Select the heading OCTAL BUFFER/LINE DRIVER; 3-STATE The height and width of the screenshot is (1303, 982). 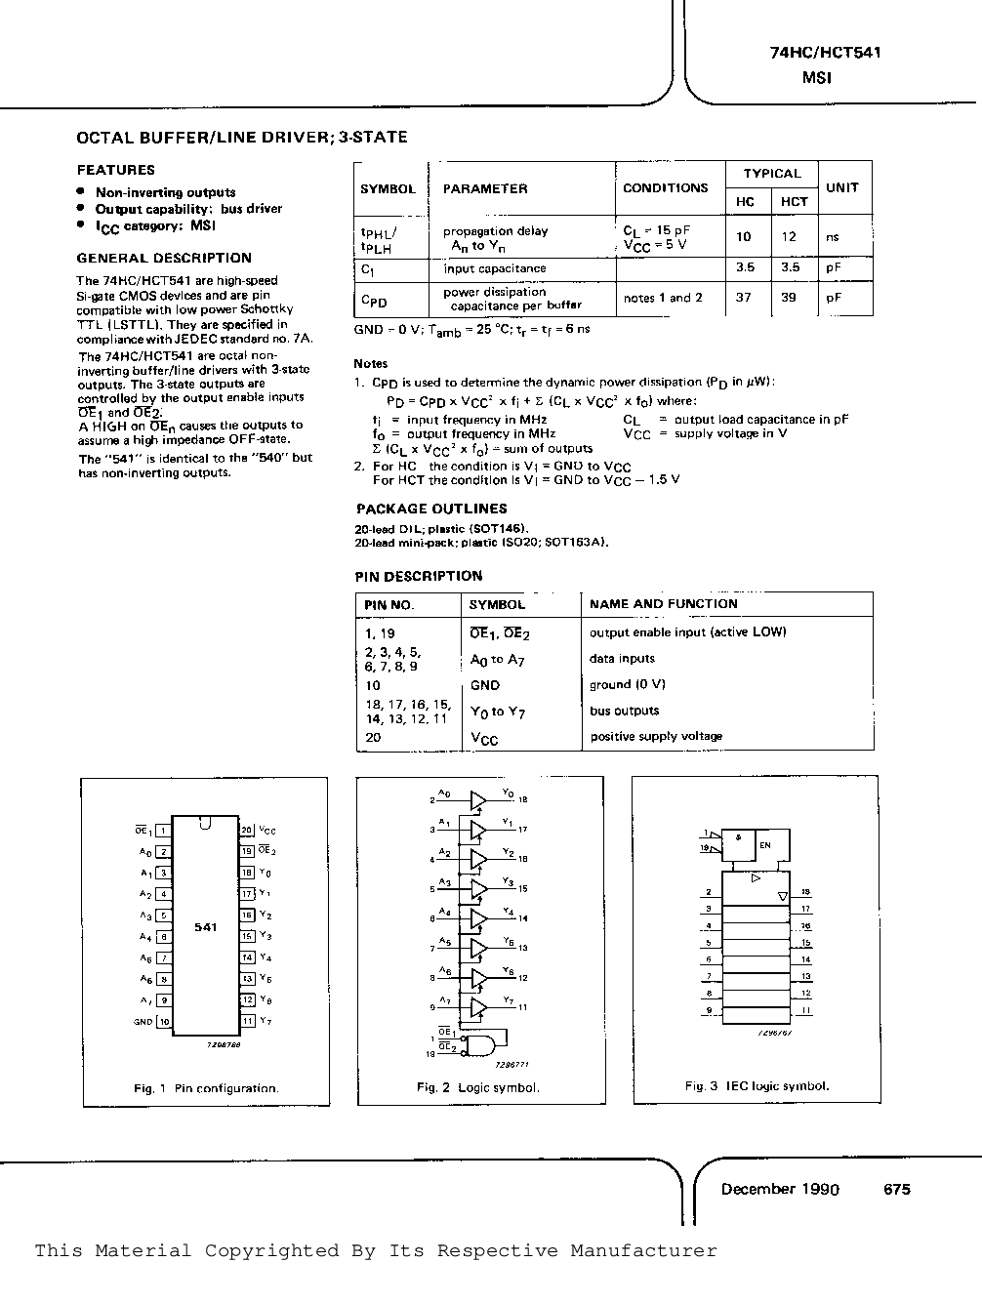[241, 138]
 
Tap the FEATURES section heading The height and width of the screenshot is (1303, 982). [115, 170]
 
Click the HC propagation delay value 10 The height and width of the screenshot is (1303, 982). [744, 236]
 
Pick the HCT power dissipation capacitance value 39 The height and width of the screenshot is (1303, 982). [789, 298]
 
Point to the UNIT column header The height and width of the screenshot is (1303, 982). [841, 187]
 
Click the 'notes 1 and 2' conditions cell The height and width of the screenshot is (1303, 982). [663, 298]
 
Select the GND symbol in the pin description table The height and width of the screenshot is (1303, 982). [484, 685]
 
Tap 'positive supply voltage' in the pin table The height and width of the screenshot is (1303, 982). [656, 736]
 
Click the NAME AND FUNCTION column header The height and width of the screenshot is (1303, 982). [663, 604]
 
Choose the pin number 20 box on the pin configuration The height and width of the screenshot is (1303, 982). [248, 830]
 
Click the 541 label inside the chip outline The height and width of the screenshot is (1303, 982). [205, 927]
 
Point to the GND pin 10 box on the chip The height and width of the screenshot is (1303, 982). [164, 1022]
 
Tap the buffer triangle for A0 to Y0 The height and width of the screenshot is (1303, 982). [477, 801]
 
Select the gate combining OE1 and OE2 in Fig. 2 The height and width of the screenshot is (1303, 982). [479, 1045]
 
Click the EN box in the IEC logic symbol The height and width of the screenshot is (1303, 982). [765, 845]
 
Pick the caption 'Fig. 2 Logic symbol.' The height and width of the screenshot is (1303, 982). [477, 1087]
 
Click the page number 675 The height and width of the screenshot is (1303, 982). [896, 1189]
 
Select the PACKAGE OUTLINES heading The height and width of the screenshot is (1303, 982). [431, 509]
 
